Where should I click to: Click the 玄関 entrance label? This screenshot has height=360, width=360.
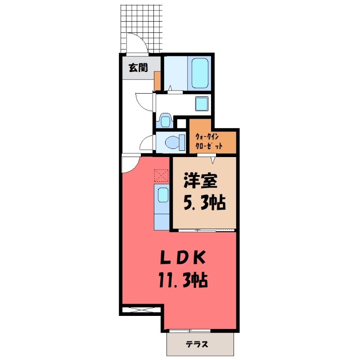tap(138, 68)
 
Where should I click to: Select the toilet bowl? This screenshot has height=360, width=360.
tap(173, 142)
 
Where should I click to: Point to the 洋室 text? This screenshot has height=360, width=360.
tap(200, 181)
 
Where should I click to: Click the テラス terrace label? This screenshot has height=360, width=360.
tap(197, 345)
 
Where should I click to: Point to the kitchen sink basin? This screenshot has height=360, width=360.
tap(162, 195)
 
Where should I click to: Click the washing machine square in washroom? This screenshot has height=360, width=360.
tap(202, 103)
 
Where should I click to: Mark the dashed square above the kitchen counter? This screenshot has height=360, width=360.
tap(160, 175)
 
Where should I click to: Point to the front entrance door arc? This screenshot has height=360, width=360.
tap(136, 44)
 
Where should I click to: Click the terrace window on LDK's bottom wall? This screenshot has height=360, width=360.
tap(200, 331)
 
